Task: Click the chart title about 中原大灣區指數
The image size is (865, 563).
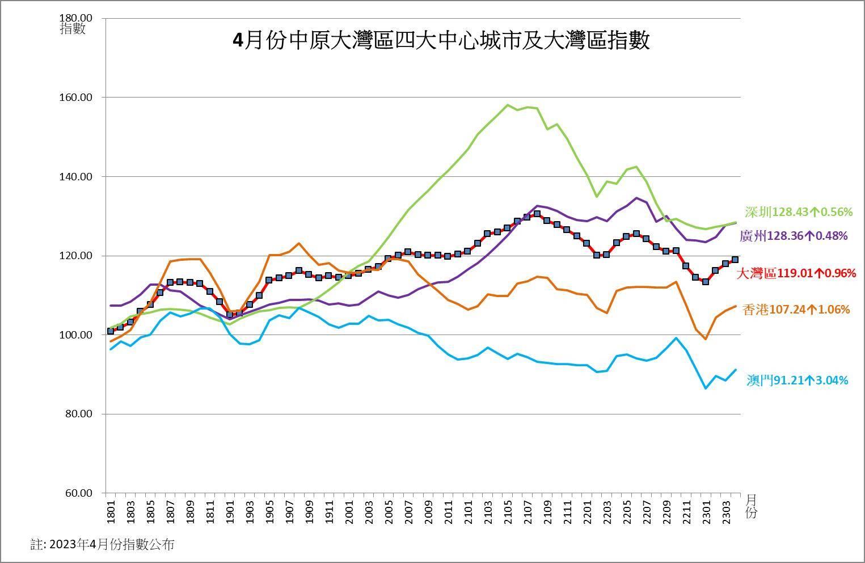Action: click(441, 41)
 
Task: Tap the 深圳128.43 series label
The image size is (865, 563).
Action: click(799, 212)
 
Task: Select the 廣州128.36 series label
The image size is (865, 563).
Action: click(794, 235)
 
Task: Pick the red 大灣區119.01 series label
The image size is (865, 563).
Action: click(796, 273)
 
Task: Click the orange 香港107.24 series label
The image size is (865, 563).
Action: click(796, 310)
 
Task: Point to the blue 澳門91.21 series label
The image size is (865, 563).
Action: click(797, 380)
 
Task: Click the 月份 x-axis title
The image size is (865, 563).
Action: click(751, 506)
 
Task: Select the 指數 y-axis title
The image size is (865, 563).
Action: click(73, 29)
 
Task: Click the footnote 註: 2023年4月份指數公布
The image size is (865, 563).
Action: click(102, 545)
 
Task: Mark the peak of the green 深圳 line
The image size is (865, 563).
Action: click(508, 105)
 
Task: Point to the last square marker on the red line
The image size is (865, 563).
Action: click(735, 260)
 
